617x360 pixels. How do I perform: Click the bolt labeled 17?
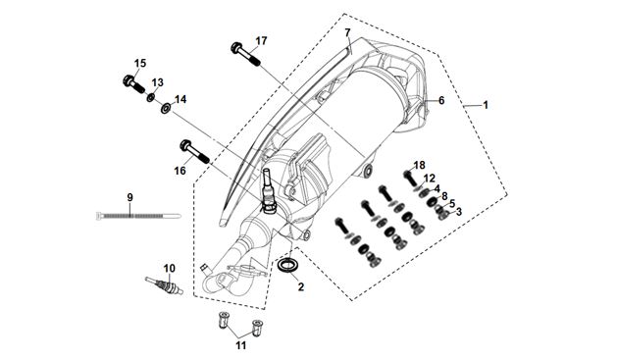(245, 54)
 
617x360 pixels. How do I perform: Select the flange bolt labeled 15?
(133, 83)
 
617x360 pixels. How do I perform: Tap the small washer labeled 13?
(150, 97)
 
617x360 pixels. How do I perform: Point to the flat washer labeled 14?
(166, 107)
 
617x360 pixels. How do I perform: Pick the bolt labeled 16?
(194, 151)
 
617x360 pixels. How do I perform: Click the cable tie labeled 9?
(138, 216)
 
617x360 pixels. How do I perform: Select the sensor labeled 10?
(165, 285)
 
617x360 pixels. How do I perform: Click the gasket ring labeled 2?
(288, 265)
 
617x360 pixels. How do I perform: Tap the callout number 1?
(486, 105)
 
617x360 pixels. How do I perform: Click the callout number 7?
(347, 32)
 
